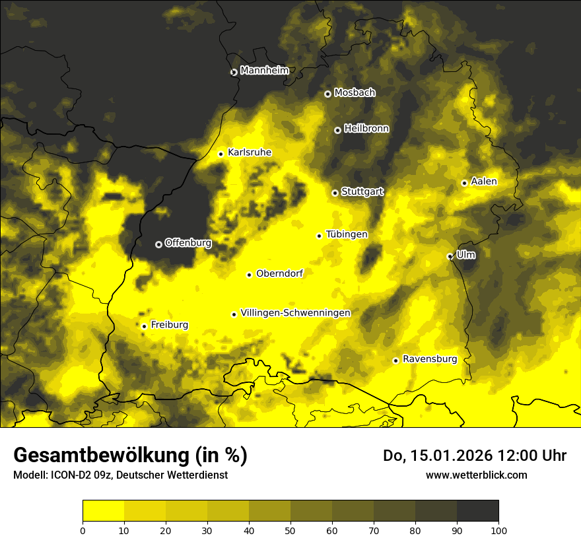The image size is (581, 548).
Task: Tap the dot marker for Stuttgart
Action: point(335,193)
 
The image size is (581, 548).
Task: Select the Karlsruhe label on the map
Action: point(249,153)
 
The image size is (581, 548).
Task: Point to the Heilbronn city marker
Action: point(337,130)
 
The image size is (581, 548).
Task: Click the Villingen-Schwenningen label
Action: point(295,313)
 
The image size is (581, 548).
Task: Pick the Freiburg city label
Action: point(169,325)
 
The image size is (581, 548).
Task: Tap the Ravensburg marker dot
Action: point(395,360)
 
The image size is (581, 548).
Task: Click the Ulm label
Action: point(465,255)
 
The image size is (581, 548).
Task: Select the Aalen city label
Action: point(484,182)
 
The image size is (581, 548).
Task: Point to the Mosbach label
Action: point(355,93)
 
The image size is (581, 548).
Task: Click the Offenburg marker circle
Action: point(158,244)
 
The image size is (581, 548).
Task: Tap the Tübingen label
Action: point(347,234)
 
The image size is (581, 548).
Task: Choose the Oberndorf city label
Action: point(279,273)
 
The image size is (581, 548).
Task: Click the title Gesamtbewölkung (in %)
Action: point(130,456)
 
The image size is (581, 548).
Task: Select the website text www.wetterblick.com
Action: point(476,475)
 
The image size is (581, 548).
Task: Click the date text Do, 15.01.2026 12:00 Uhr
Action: point(475,456)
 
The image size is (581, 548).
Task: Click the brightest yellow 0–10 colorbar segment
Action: point(103,511)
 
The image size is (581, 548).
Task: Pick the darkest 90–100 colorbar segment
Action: point(477,511)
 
